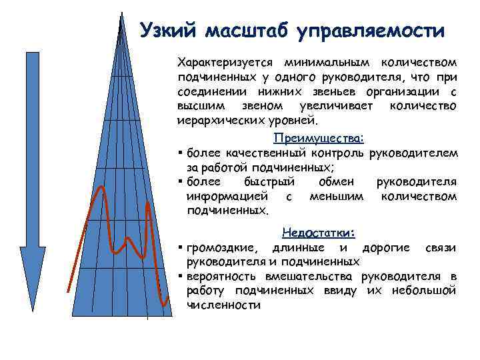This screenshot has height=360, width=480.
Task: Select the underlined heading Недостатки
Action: tap(319, 233)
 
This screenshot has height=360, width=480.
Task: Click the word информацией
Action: tap(227, 197)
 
